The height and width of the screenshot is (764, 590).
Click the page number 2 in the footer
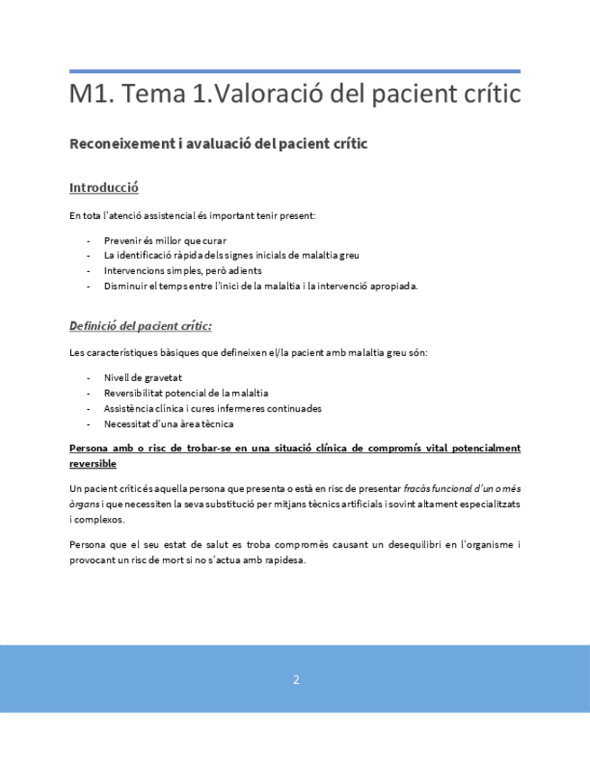pos(295,680)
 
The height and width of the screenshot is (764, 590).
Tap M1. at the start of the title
pos(87,93)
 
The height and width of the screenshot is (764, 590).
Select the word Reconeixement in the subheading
pos(117,145)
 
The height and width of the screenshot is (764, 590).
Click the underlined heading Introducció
pos(104,188)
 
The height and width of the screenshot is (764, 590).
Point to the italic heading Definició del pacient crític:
pos(141,325)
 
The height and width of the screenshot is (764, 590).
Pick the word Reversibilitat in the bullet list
pos(136,393)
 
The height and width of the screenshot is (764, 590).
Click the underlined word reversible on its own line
pos(93,462)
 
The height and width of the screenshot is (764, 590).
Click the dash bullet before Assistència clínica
pos(88,408)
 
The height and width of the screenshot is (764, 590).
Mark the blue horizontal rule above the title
pos(295,71)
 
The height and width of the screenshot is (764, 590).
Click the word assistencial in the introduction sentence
pos(186,216)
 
